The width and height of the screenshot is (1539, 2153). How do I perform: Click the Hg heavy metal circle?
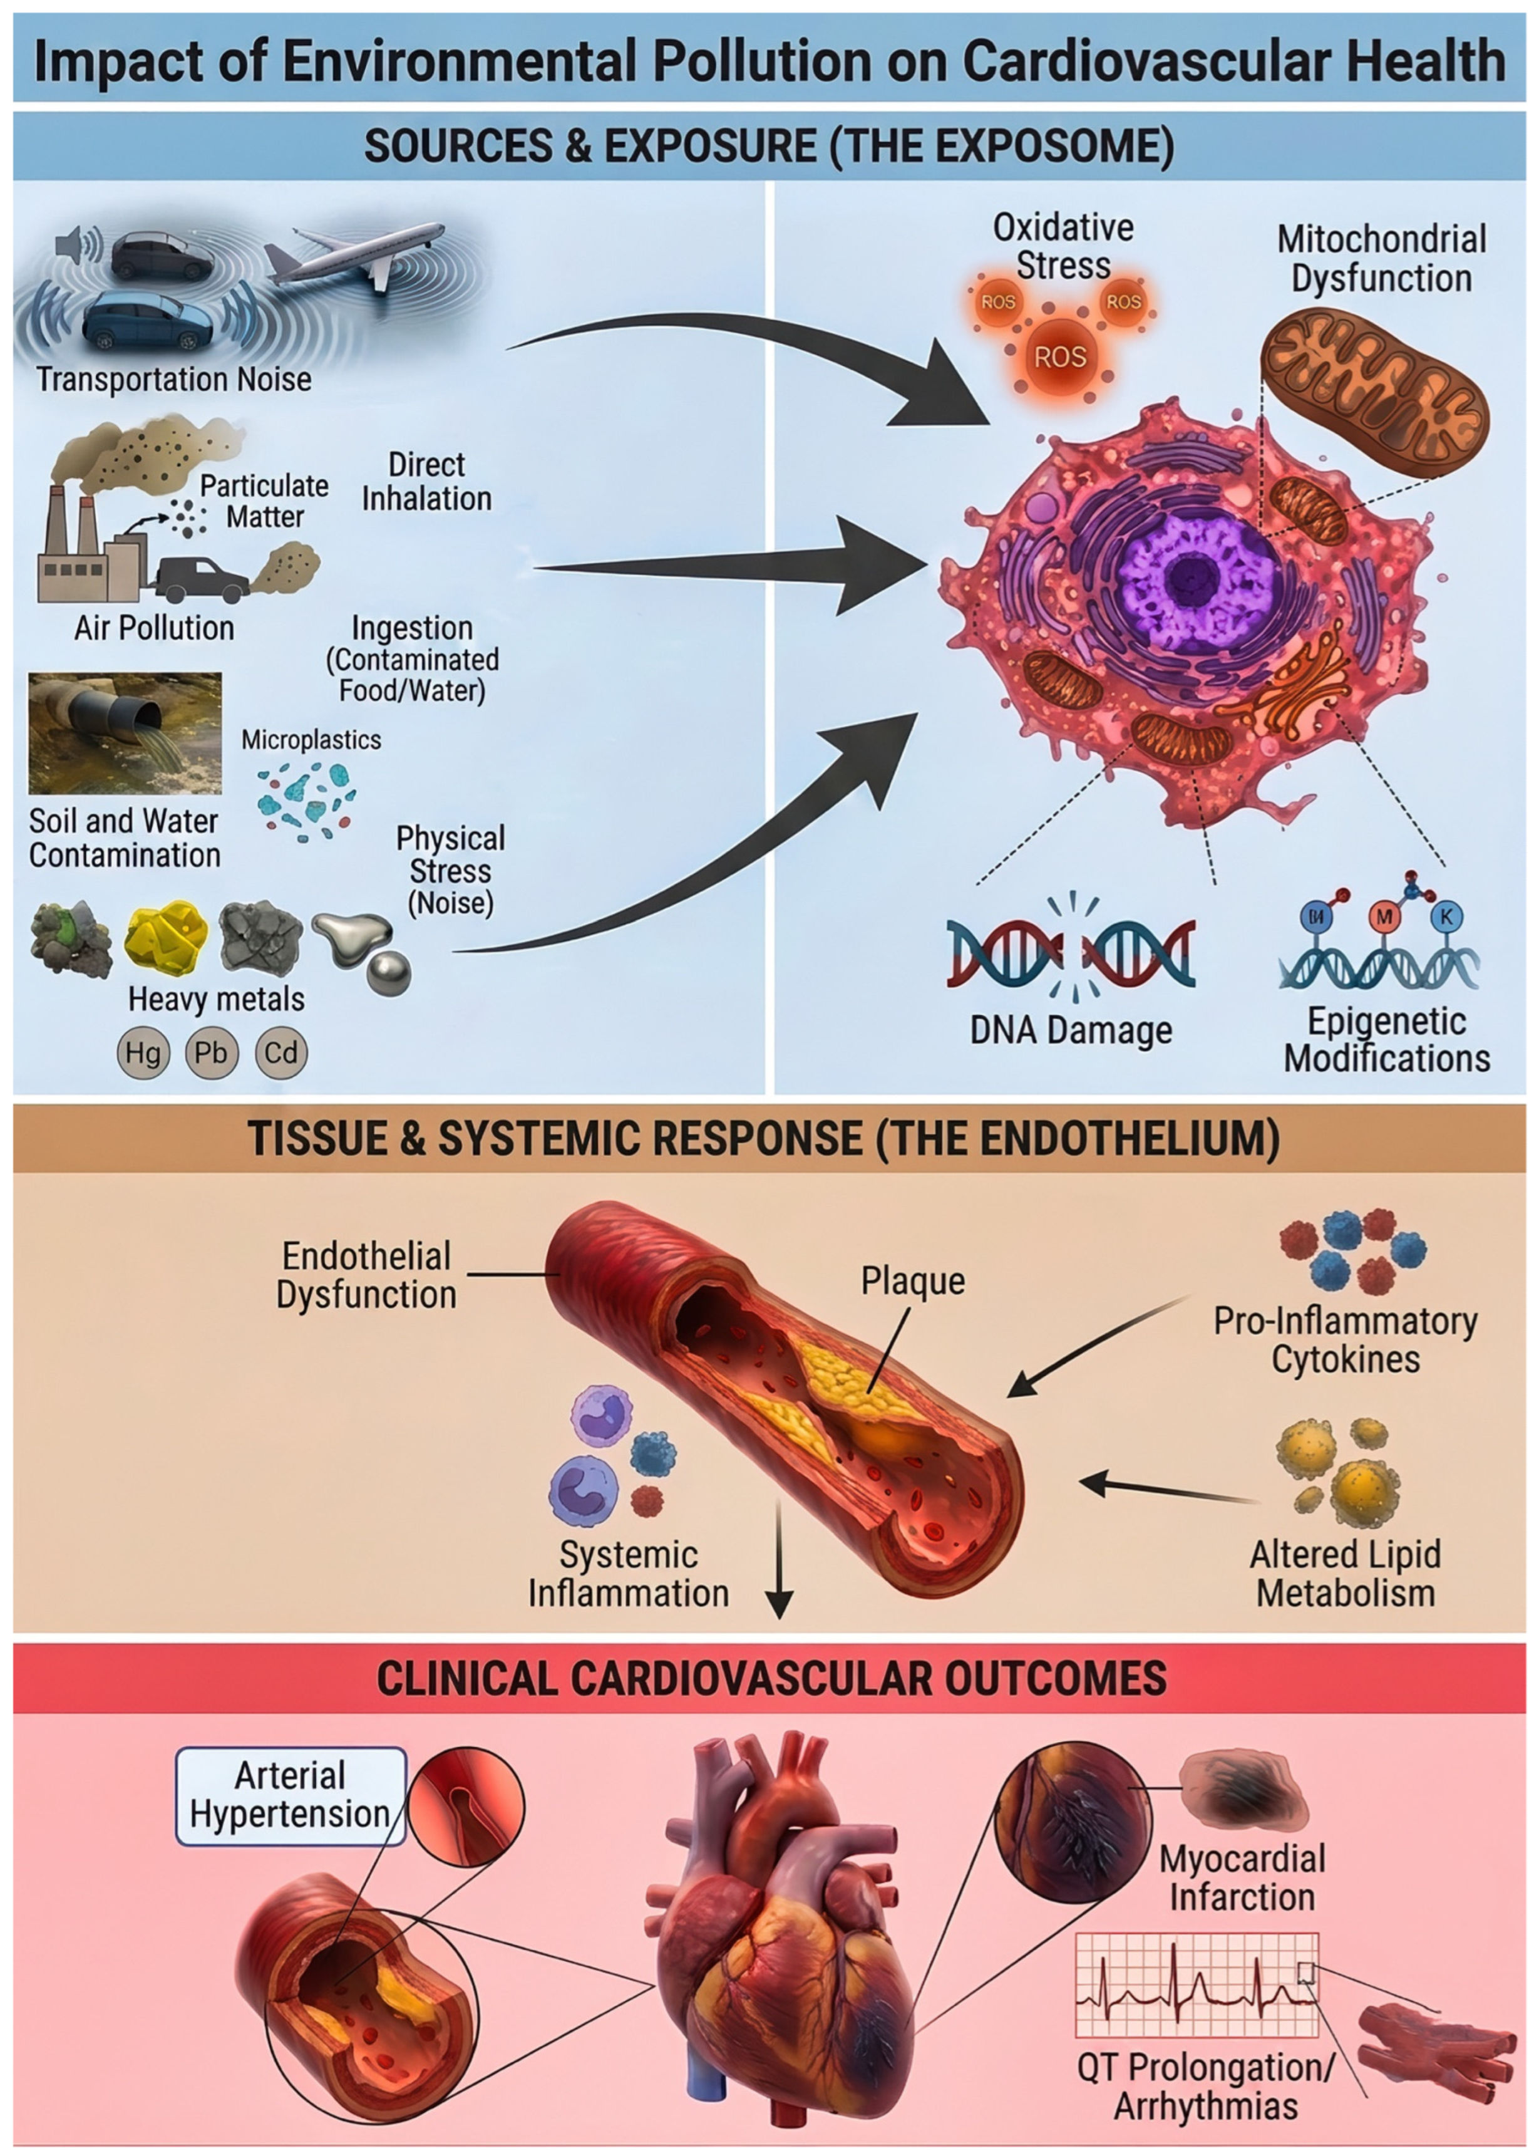[143, 1052]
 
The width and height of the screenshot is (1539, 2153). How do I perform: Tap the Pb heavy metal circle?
[212, 1052]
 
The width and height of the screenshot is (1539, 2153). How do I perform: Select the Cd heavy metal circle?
[282, 1052]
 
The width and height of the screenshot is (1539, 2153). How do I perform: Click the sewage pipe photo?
[125, 733]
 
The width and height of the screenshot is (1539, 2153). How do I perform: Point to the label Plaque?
[913, 1281]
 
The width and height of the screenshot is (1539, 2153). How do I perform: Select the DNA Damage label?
[1071, 1030]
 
